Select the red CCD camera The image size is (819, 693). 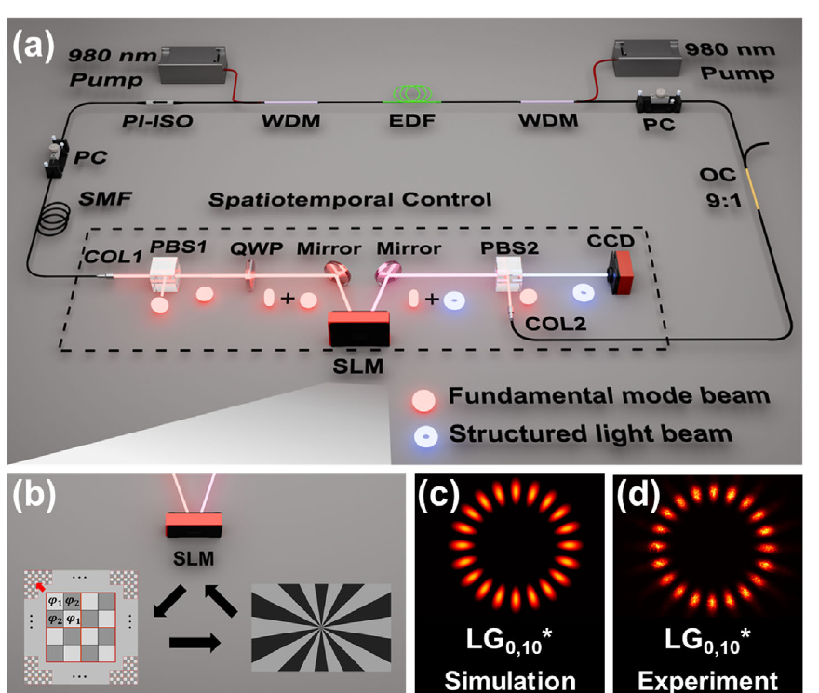(x=621, y=272)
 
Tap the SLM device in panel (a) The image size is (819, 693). (x=359, y=328)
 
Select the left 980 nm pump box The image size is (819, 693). (x=193, y=64)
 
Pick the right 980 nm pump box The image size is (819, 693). (x=648, y=58)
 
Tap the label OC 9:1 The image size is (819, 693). (x=719, y=187)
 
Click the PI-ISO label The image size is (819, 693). (x=157, y=121)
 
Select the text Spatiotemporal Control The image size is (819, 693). (x=350, y=199)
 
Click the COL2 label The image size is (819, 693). (x=556, y=324)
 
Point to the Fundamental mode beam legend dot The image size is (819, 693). (x=423, y=401)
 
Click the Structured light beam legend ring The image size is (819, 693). (x=426, y=436)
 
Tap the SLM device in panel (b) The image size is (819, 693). (x=194, y=524)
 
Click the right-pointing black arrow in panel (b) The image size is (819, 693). (x=195, y=642)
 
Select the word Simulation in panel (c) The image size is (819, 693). (x=510, y=681)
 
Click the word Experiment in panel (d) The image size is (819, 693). (x=707, y=681)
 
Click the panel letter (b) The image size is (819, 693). (x=34, y=494)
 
